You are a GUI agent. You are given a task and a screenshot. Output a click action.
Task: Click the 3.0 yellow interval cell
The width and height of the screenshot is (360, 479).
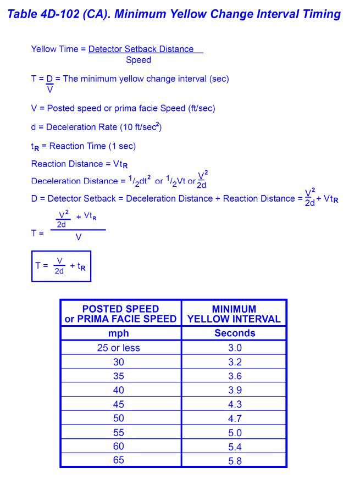[235, 348]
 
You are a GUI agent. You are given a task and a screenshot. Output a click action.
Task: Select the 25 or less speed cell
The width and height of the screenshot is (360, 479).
[118, 348]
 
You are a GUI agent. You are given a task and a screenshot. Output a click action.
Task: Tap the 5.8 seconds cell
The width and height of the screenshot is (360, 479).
[235, 461]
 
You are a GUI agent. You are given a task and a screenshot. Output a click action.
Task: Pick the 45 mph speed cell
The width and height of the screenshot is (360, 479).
[118, 404]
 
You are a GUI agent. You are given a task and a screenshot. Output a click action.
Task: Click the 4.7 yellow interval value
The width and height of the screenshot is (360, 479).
[235, 419]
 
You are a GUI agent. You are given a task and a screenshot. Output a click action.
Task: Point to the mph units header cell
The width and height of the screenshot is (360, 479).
[118, 333]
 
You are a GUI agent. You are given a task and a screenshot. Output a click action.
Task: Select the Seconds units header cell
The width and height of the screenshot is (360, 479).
[235, 333]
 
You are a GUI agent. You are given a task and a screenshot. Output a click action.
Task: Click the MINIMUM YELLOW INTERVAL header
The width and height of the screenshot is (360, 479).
[234, 314]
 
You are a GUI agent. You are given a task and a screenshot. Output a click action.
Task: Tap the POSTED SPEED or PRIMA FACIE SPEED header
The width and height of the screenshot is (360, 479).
[120, 314]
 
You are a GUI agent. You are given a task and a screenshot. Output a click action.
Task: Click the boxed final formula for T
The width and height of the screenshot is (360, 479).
[61, 266]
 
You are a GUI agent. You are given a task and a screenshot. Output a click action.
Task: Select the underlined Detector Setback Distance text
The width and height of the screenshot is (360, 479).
[141, 49]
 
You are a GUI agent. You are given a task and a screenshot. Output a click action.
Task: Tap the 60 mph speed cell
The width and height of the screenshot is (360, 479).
[118, 446]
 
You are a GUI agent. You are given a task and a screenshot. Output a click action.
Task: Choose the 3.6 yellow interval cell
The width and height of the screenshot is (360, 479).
[235, 376]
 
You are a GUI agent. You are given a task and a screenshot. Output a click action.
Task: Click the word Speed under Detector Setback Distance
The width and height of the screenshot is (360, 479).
[138, 60]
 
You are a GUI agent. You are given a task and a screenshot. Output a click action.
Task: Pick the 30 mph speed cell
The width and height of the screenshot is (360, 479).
[118, 362]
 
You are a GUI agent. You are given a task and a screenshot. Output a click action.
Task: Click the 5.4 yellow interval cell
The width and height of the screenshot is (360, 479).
[235, 447]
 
